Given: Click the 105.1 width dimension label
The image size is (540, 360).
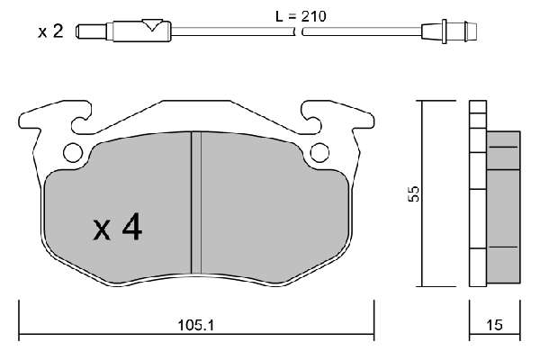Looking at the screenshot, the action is [x=195, y=325].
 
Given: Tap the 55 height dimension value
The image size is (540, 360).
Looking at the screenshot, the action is [x=414, y=194].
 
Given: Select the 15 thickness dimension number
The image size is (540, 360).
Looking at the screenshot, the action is [x=494, y=325].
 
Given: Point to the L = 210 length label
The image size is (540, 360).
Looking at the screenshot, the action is [x=301, y=16].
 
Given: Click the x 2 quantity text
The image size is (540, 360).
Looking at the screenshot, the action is [x=50, y=31].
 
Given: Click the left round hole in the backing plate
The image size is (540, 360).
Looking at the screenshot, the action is [x=73, y=152].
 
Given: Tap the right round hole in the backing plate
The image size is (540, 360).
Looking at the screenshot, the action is [x=319, y=152].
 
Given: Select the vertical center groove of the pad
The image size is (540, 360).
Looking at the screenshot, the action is [x=196, y=202].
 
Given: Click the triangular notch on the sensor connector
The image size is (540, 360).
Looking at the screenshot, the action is [x=152, y=25].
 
